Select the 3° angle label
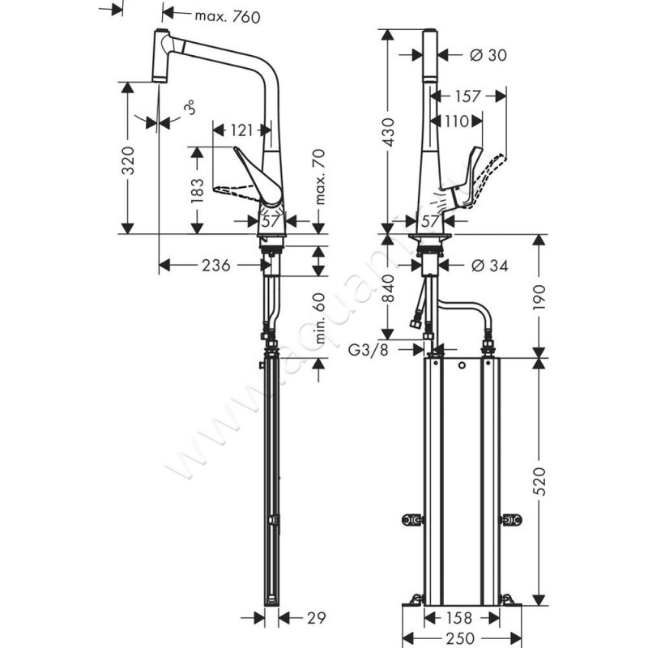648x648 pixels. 188,109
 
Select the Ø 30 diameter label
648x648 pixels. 488,54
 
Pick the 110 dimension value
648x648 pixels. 458,122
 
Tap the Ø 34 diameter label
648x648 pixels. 488,265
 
